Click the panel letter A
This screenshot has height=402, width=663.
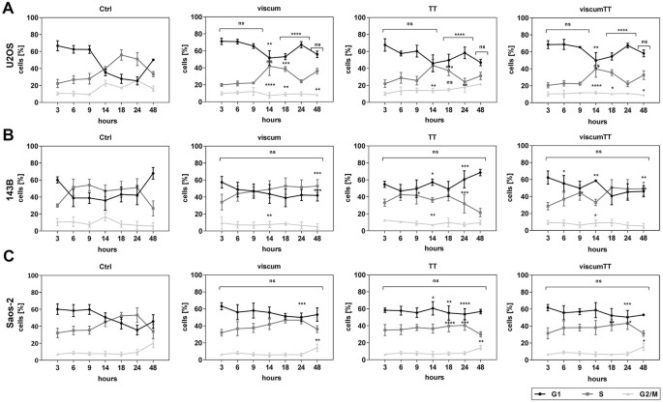[x=8, y=7]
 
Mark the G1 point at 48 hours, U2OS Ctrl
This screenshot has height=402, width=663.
[x=152, y=61]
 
